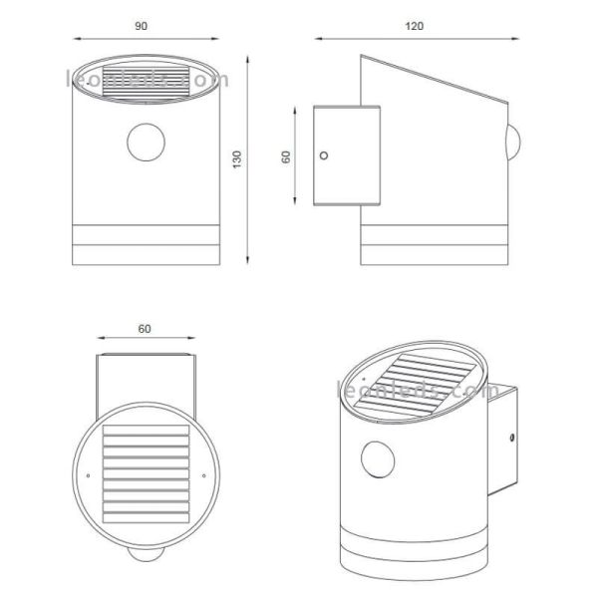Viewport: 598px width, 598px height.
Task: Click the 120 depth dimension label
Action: (x=414, y=25)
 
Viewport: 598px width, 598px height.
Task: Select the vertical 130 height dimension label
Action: (x=236, y=159)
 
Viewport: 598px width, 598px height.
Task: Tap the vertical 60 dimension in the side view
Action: (x=288, y=156)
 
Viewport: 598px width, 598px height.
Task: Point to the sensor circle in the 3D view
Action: (x=379, y=461)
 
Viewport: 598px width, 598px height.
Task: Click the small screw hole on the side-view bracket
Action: (x=323, y=155)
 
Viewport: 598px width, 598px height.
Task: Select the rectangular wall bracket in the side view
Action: (x=346, y=154)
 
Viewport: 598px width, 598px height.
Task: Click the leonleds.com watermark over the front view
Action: (x=148, y=80)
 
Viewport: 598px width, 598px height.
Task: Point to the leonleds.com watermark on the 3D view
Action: (x=419, y=391)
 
